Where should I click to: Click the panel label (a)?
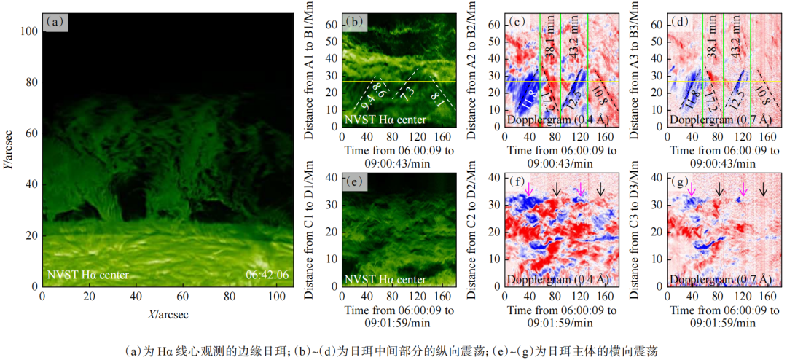pyautogui.click(x=56, y=23)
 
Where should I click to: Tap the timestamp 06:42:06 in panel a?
pyautogui.click(x=267, y=275)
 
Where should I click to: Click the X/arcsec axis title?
pyautogui.click(x=168, y=314)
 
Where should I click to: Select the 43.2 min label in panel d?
pyautogui.click(x=736, y=44)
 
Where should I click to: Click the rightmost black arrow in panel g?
pyautogui.click(x=763, y=189)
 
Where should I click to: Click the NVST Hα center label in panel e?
pyautogui.click(x=385, y=279)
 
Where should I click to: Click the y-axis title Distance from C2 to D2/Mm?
pyautogui.click(x=474, y=230)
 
